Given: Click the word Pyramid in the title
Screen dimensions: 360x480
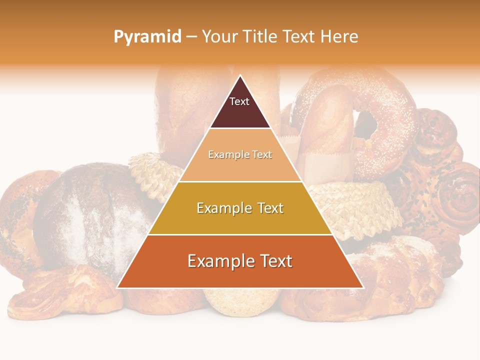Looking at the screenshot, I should click(x=147, y=37).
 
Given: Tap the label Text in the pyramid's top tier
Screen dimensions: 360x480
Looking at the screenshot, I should click(x=239, y=101).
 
